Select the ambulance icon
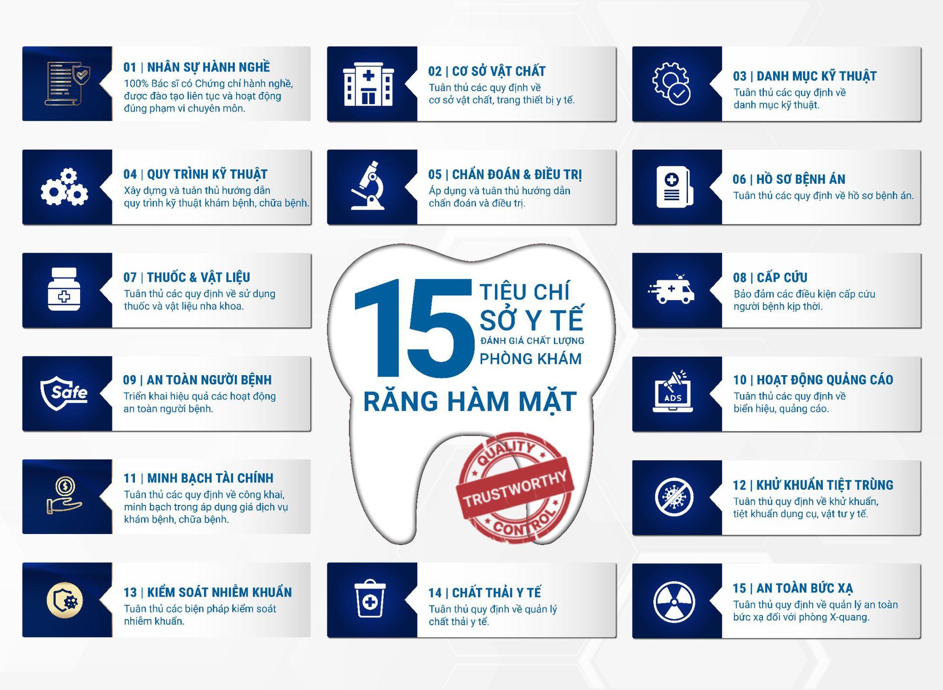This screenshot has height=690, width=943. point(671,289)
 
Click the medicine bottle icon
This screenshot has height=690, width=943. point(64,289)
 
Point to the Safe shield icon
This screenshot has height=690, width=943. point(64,393)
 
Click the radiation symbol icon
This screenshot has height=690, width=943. point(674,602)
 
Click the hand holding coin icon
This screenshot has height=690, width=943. point(64,496)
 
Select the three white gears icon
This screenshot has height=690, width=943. point(64,187)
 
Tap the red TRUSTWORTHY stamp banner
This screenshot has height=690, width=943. point(515,489)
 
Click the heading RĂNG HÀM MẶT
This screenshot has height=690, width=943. point(470,402)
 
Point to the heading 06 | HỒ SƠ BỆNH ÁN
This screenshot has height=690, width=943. point(789,179)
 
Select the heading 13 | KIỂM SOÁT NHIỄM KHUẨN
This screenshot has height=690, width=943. point(207,592)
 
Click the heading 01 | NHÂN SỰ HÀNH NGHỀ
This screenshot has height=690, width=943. point(197,67)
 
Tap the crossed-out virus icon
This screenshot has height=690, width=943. point(674,497)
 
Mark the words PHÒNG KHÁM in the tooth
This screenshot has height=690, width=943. point(530,359)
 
